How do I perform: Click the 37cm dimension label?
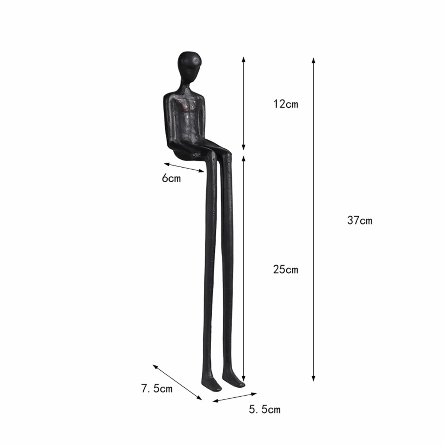pos(360,220)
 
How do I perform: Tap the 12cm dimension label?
pos(286,104)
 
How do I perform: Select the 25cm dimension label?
pos(286,269)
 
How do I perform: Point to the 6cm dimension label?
pos(171,178)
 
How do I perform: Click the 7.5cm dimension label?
pos(157,388)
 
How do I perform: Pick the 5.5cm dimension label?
pos(265,409)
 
